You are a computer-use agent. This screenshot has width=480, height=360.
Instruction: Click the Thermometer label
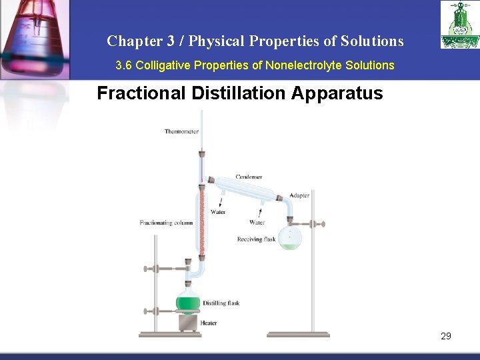[181, 131]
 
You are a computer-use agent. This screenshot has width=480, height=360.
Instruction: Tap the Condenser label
[249, 177]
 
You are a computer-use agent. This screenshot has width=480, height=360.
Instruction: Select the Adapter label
[299, 196]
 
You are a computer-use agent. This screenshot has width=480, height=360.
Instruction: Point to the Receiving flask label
[256, 239]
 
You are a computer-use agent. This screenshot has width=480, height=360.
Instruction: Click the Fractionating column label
[166, 223]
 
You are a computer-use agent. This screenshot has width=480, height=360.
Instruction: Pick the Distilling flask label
[221, 303]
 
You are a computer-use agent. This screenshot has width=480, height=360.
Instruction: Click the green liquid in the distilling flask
[188, 305]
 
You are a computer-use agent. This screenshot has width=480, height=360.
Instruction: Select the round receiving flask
[290, 238]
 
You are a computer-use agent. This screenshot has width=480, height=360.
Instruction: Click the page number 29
[446, 336]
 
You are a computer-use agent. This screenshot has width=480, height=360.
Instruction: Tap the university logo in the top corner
[459, 25]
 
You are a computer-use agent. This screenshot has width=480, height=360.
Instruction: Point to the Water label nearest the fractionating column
[218, 212]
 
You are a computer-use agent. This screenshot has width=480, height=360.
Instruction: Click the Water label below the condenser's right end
[257, 223]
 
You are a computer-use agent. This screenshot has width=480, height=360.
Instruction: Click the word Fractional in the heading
[141, 93]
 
